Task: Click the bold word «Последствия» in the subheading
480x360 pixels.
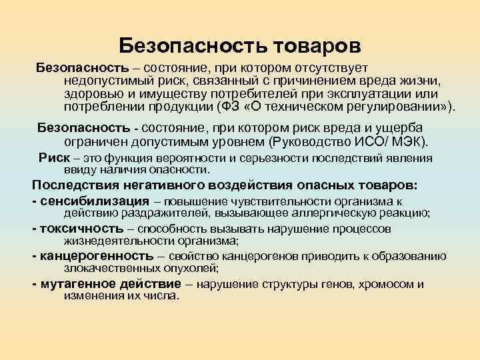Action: (73, 185)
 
